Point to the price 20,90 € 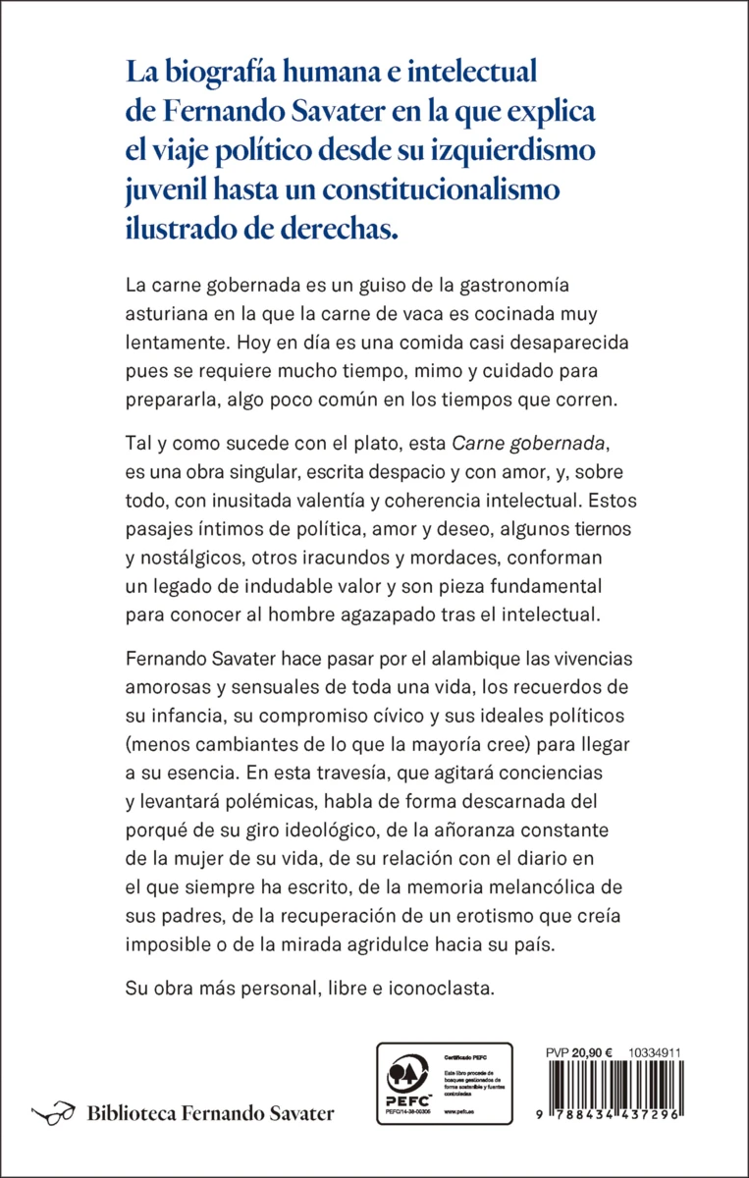pos(599,1050)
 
